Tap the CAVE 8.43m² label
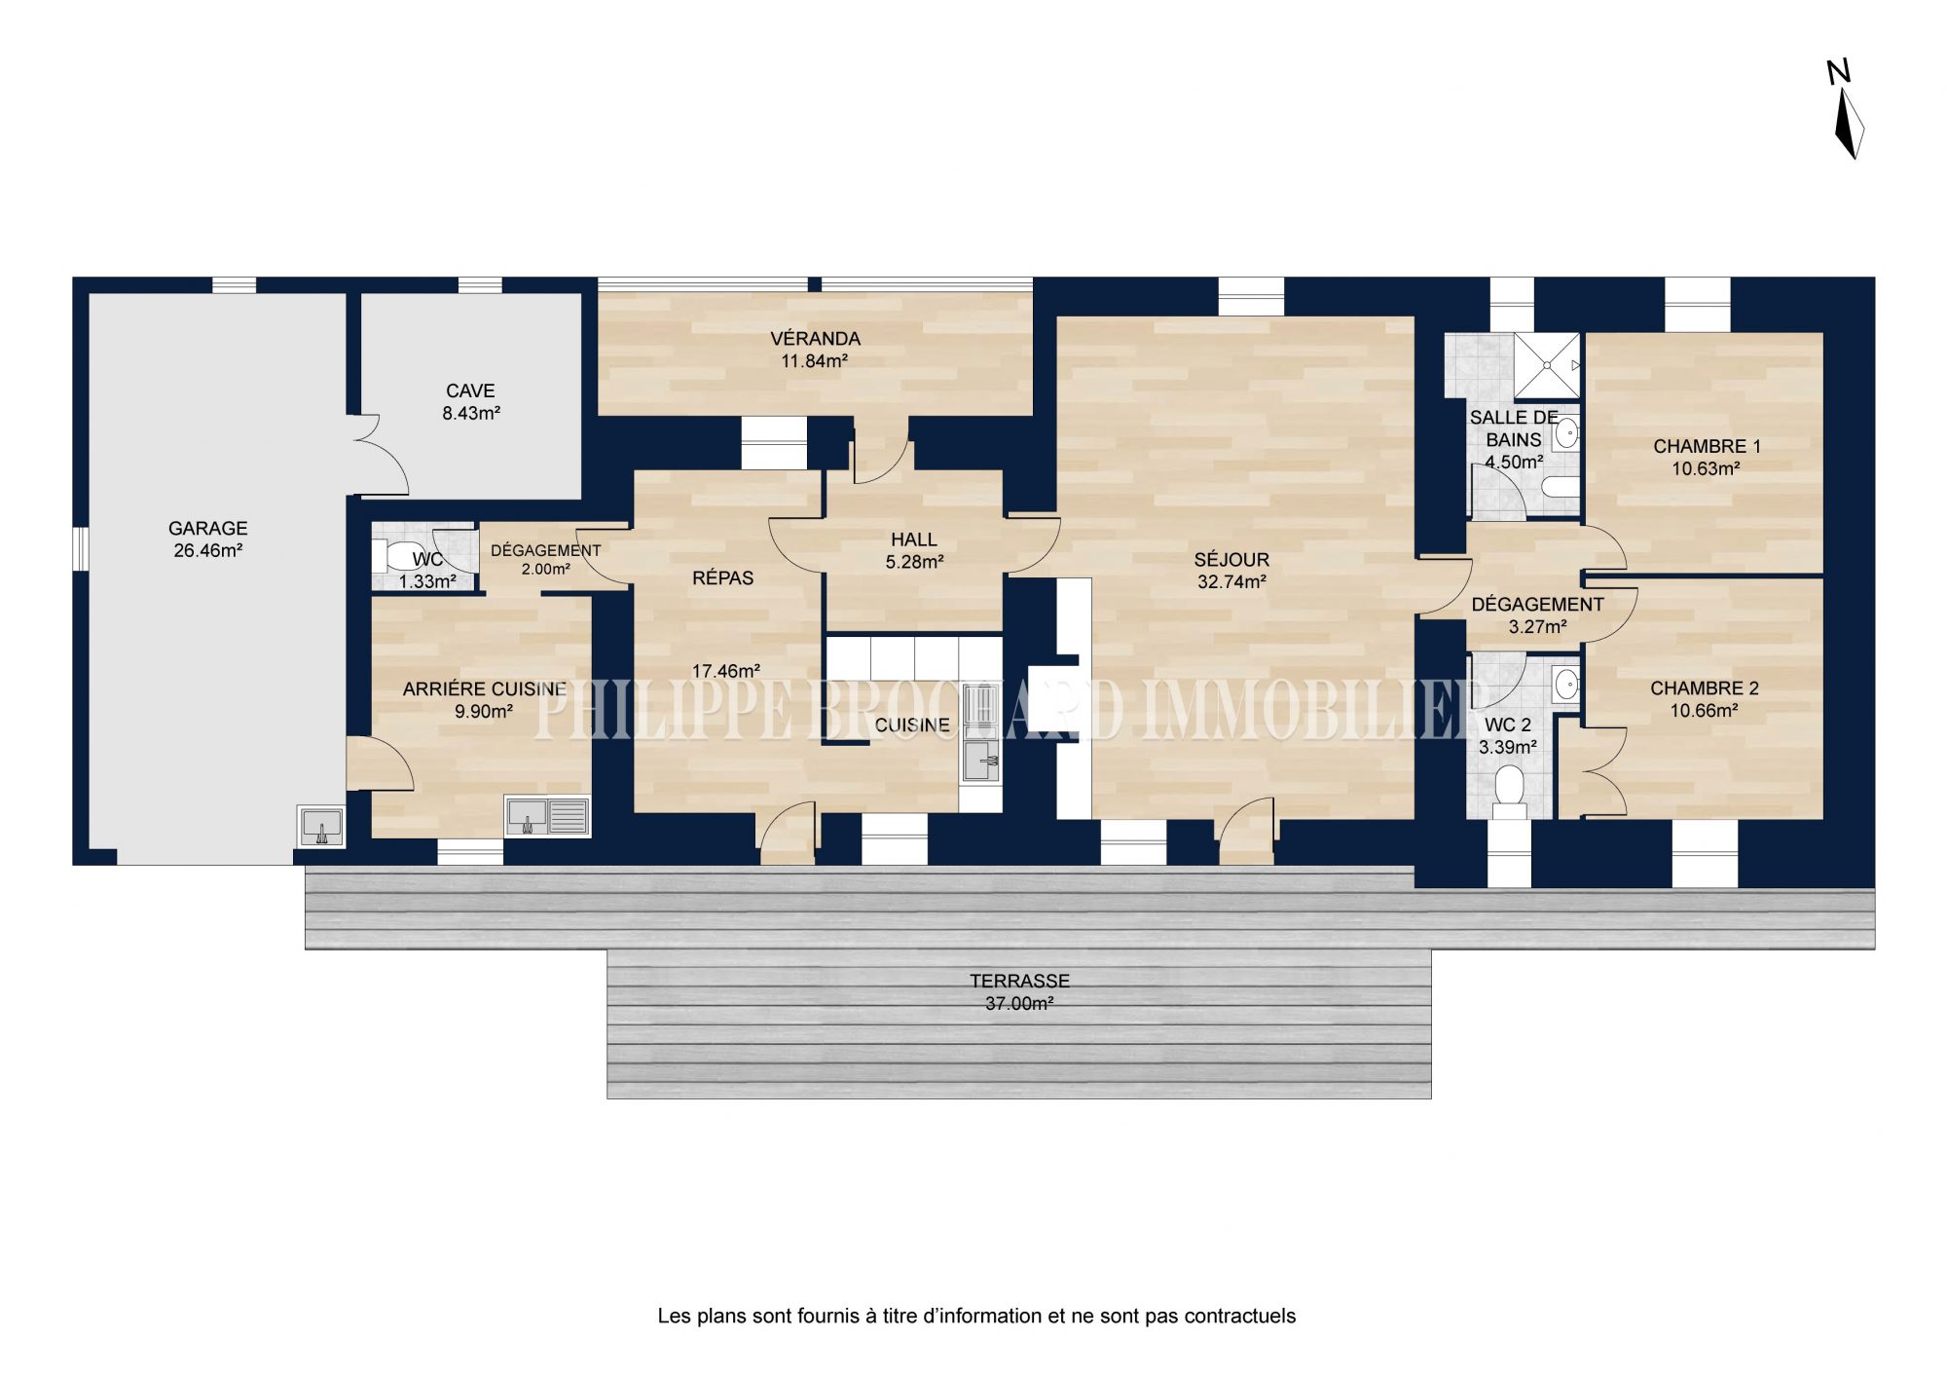471,401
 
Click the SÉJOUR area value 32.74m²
1231,582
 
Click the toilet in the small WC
394,556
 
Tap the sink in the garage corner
320,826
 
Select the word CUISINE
912,725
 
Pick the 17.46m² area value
726,671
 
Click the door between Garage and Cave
380,454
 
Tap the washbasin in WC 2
1566,685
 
